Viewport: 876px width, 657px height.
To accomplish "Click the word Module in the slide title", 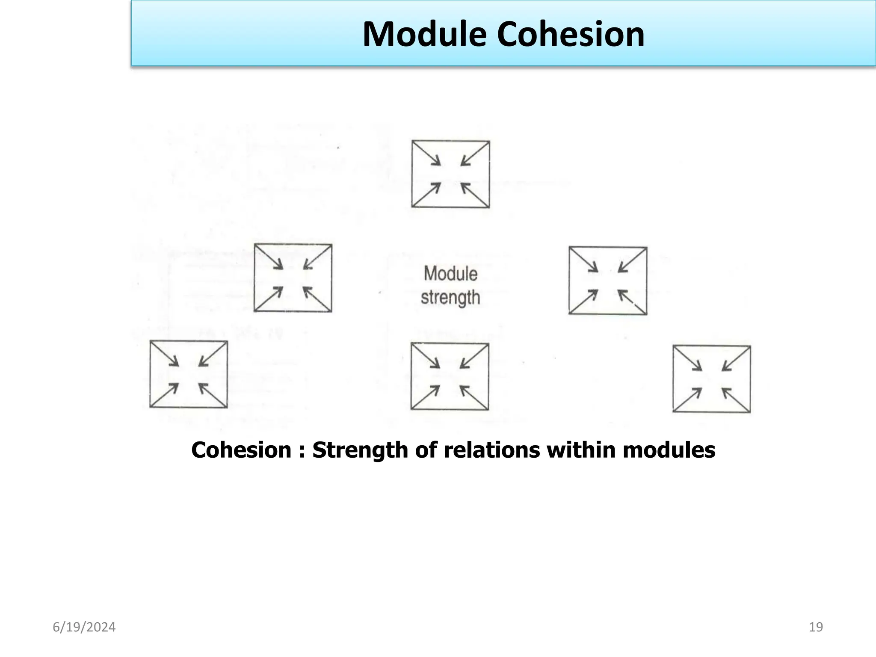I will [424, 34].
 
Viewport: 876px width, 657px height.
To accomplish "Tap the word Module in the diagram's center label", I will [450, 274].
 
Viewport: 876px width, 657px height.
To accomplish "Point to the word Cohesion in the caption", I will [241, 450].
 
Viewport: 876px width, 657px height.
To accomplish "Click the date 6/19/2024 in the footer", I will [84, 627].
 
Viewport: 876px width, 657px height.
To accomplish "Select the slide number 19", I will [816, 627].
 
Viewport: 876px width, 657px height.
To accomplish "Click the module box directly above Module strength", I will [450, 174].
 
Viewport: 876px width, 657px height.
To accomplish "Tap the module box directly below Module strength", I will [450, 376].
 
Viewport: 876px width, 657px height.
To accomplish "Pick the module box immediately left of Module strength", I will [293, 278].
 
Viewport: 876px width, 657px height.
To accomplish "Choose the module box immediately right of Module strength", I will [607, 281].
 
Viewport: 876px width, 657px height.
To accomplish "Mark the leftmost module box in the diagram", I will [188, 374].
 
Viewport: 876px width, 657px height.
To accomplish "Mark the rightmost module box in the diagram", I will [711, 379].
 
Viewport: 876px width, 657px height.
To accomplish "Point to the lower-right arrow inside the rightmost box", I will [735, 399].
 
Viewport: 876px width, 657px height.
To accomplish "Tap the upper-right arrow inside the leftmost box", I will [211, 355].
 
